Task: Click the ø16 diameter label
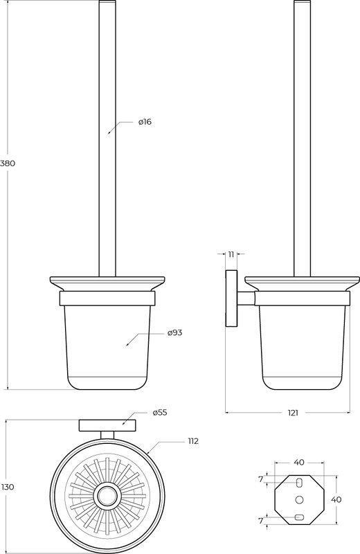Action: (x=145, y=122)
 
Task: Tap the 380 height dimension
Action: (x=8, y=163)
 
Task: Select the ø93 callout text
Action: (x=175, y=332)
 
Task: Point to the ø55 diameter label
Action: (x=160, y=412)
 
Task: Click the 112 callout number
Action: (x=193, y=441)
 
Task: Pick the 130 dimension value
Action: (x=8, y=487)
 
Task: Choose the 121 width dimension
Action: (x=293, y=413)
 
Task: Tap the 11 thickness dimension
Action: (x=231, y=254)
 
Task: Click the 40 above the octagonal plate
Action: (x=299, y=462)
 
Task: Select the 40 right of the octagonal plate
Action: (x=336, y=499)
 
